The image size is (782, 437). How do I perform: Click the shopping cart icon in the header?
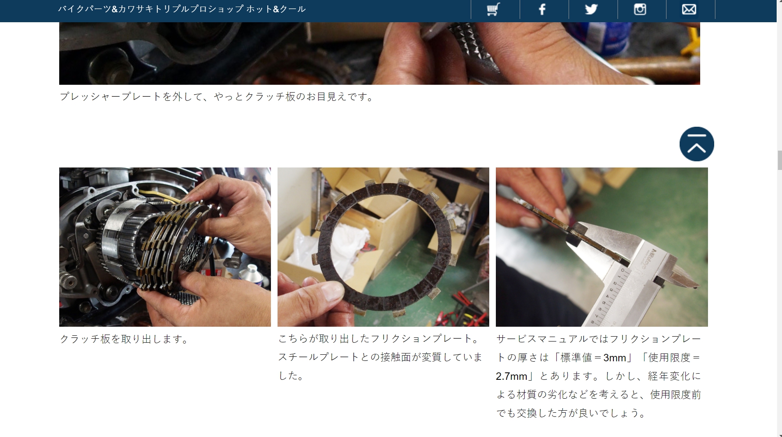(493, 9)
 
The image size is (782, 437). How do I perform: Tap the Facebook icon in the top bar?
(542, 9)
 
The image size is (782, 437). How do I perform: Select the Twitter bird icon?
(591, 9)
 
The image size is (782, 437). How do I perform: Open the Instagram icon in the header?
(640, 9)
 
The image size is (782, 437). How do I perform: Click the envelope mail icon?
(689, 9)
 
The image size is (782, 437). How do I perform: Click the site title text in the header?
(182, 9)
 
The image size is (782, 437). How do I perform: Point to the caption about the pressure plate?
(217, 97)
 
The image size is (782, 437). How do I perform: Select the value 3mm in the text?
(615, 358)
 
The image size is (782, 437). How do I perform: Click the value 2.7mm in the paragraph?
(511, 376)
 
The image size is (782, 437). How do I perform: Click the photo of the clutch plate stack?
(165, 247)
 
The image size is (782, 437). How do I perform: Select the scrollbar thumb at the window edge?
(779, 160)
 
